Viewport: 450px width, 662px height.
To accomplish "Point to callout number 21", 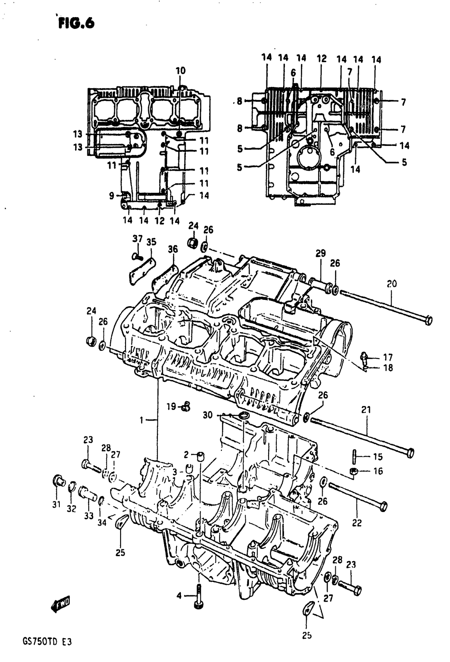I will (x=365, y=410).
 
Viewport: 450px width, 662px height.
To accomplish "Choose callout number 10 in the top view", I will (x=180, y=71).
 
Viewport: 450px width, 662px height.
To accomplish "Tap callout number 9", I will (x=112, y=195).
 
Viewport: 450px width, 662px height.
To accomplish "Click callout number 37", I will (x=137, y=239).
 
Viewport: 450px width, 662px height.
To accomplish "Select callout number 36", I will (x=173, y=249).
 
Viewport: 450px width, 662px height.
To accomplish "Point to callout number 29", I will (x=320, y=254).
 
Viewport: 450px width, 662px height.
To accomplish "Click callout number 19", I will (x=171, y=407).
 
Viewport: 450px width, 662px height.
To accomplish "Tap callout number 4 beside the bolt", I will (x=179, y=596).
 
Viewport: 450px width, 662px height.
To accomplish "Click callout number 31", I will (x=56, y=504).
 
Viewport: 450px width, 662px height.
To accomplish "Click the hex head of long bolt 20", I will (x=428, y=320).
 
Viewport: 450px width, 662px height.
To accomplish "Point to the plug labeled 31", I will (x=58, y=480).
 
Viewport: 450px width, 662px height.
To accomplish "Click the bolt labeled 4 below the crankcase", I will (x=198, y=597).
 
